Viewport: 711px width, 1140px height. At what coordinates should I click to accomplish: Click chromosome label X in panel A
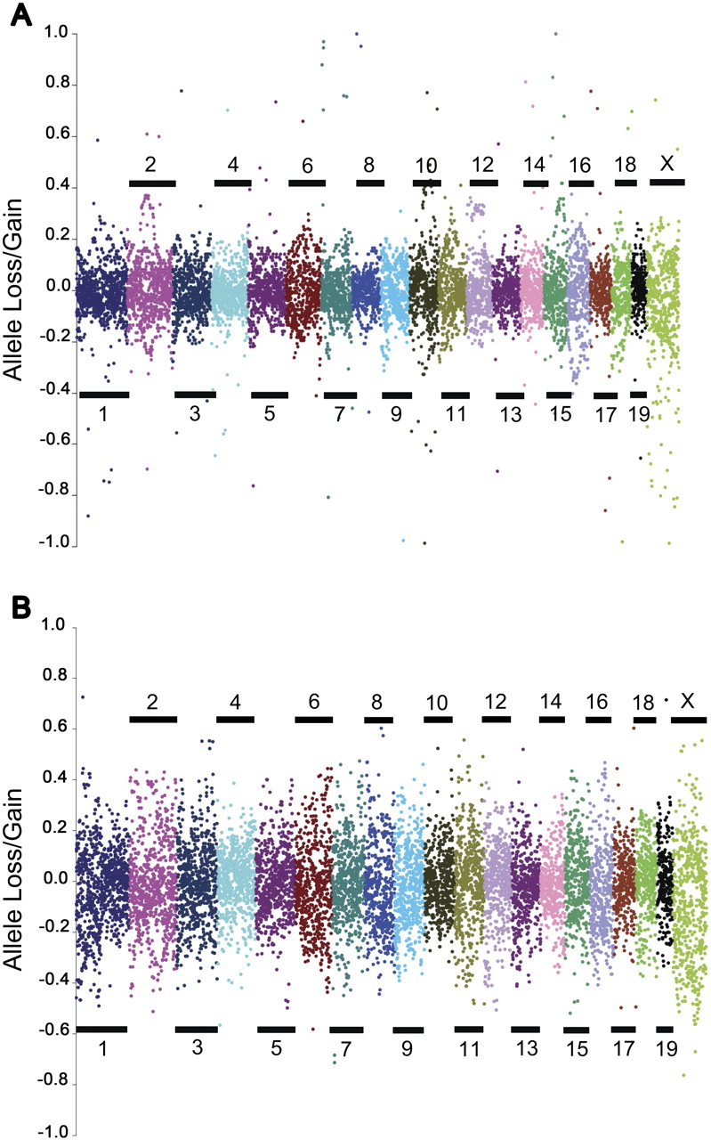(x=666, y=163)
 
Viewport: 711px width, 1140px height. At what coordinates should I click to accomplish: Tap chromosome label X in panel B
(x=686, y=701)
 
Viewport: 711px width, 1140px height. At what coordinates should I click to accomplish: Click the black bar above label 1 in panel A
(x=103, y=394)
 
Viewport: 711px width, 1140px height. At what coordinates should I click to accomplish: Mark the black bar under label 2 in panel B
(x=154, y=719)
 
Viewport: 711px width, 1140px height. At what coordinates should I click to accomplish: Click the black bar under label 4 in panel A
(x=233, y=183)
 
